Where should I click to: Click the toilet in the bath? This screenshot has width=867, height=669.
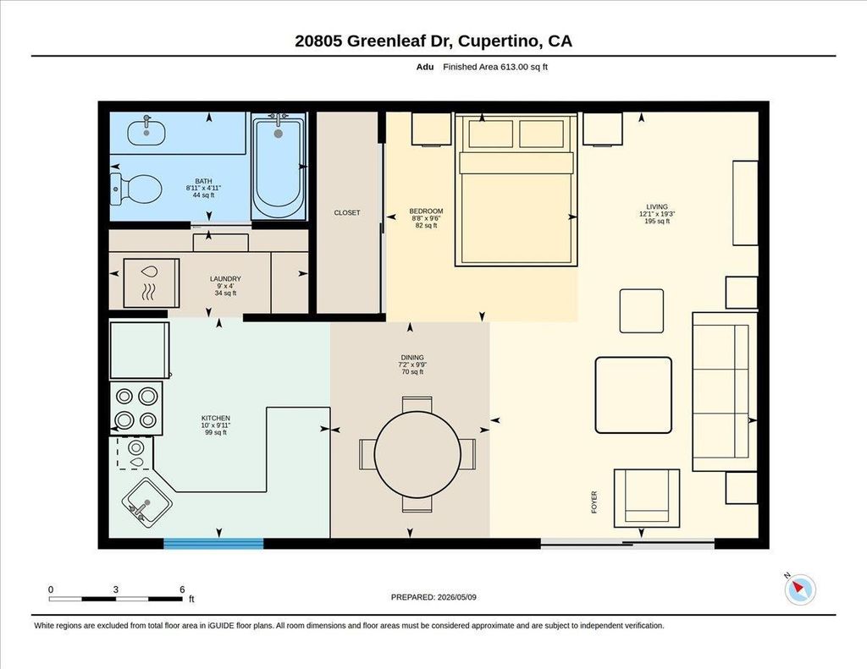coord(136,189)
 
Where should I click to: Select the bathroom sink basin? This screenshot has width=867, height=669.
coord(146,132)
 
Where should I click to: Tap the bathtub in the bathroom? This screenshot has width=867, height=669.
coord(278,167)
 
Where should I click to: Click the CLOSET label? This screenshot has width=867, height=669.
coord(346,212)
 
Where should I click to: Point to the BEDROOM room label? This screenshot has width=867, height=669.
coord(426,211)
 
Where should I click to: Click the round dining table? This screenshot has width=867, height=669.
coord(417,454)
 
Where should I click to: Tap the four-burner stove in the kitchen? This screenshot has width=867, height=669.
coord(136,409)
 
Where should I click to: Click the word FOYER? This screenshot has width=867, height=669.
coord(594,502)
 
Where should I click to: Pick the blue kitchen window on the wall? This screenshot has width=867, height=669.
coord(213,544)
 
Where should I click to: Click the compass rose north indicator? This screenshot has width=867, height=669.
coord(799,589)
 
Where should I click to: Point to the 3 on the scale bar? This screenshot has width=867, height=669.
coord(115,589)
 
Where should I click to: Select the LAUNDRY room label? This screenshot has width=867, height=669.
coord(225,279)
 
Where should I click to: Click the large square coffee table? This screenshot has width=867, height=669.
coord(633,395)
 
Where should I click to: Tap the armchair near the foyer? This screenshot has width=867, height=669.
coord(646,498)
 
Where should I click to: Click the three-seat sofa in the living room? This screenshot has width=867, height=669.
coord(725,392)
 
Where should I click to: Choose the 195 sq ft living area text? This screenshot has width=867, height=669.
coord(657,221)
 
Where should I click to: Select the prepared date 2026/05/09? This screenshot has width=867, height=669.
coord(456,597)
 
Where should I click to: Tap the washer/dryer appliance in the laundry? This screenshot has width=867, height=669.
coord(151,282)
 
